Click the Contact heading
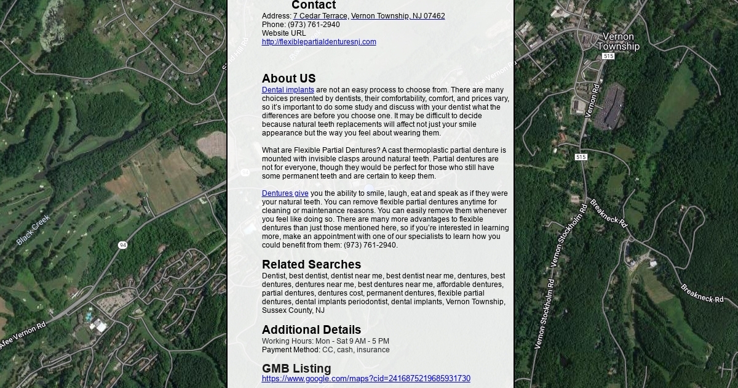click(x=313, y=6)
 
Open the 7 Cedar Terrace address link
click(x=368, y=16)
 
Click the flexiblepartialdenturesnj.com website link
click(x=319, y=42)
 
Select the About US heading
click(x=288, y=78)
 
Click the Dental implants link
click(x=288, y=90)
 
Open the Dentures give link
click(x=285, y=193)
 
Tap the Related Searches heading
click(x=311, y=264)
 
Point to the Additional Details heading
click(x=311, y=329)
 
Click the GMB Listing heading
click(x=296, y=368)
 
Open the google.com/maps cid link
click(x=366, y=379)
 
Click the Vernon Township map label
click(x=618, y=41)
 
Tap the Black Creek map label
click(x=33, y=230)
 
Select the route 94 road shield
click(x=123, y=245)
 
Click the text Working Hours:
click(x=287, y=341)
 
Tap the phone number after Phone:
click(x=314, y=25)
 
